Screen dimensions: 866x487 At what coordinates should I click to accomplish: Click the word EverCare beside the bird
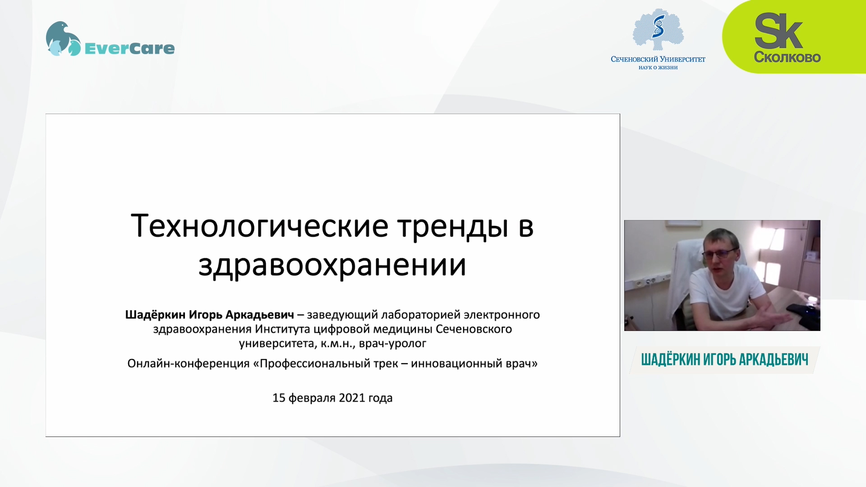coord(129,48)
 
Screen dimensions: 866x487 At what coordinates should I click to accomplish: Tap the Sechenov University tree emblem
coord(658,29)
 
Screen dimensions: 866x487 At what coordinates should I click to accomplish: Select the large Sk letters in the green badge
coord(778,31)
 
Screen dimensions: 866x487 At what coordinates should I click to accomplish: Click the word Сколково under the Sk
coord(787,57)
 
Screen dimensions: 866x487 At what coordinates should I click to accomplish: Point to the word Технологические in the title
coord(259,226)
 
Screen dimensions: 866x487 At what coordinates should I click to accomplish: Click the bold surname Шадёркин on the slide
coord(155,314)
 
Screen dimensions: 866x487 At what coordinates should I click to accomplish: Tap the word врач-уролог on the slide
coord(392,344)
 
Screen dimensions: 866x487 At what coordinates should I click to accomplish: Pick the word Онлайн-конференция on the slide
coord(189,363)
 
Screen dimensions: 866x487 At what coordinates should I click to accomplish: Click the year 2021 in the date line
coord(352,398)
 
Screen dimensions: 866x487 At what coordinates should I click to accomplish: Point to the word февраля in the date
coord(312,398)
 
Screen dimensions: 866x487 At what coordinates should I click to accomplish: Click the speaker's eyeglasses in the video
coord(720,253)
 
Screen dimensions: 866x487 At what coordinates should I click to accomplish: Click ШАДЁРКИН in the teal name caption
coord(671,360)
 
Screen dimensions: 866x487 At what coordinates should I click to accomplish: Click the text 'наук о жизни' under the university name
coord(658,68)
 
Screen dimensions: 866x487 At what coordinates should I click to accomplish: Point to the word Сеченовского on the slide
coord(474,329)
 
